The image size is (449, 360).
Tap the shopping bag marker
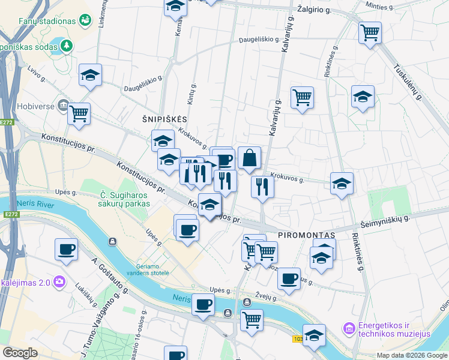coord(249,159)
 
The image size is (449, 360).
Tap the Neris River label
coord(35,203)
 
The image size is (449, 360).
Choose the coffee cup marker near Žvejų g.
coord(289,279)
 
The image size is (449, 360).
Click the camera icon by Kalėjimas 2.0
coord(59,281)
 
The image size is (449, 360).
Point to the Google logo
coord(20,353)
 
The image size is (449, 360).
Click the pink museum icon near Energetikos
coord(349,328)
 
